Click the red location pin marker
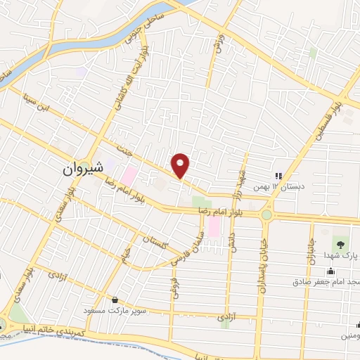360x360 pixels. pyautogui.click(x=181, y=165)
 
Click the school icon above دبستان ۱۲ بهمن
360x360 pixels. pyautogui.click(x=278, y=175)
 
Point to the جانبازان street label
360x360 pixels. pyautogui.click(x=309, y=250)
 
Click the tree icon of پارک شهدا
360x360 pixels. pyautogui.click(x=340, y=244)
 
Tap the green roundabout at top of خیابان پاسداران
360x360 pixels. pyautogui.click(x=266, y=215)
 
